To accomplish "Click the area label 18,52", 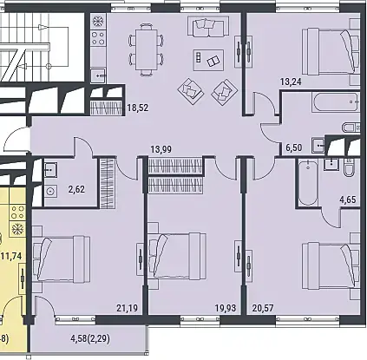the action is click(138, 108).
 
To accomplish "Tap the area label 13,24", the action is click(291, 82).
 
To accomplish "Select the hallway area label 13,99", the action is click(161, 149).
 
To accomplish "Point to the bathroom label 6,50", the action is click(294, 147).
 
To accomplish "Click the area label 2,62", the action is click(76, 189).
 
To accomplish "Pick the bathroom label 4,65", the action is click(347, 200).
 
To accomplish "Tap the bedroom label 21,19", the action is click(128, 308).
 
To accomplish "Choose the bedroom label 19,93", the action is click(226, 308).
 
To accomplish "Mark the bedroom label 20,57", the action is click(263, 308).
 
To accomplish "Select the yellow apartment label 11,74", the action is click(11, 256).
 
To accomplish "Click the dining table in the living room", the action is click(147, 50).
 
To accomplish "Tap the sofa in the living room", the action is click(208, 26).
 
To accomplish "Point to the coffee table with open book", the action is click(208, 60).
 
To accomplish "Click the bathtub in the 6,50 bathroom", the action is click(336, 102).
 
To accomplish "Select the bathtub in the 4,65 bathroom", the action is click(308, 183).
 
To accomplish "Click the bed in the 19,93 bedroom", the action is click(177, 256).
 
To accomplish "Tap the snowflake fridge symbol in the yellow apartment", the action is click(17, 229).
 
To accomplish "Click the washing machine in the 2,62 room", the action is click(51, 191).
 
